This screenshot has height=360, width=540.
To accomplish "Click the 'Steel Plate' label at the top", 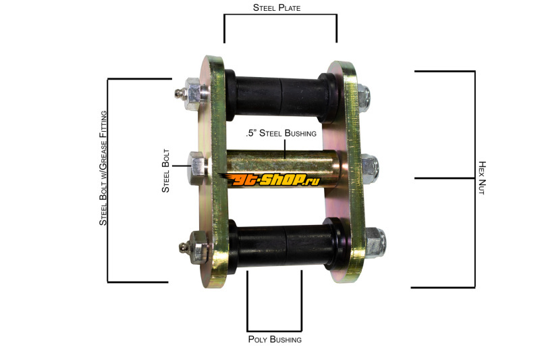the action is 277,7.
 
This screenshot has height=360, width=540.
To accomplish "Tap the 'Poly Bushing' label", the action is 275,339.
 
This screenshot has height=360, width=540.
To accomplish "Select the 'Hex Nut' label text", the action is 482,178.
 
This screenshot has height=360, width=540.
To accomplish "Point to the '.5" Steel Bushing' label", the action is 281,133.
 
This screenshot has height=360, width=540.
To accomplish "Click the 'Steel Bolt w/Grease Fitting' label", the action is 103,168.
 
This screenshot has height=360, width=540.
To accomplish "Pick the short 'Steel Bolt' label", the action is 165,171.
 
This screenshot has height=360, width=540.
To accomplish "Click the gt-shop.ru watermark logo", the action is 271,180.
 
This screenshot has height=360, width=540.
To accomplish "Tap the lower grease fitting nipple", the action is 184,247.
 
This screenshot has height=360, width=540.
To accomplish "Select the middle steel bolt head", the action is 197,168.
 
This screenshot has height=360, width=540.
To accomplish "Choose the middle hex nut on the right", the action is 369,169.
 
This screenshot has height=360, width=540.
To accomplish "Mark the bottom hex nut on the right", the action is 375,242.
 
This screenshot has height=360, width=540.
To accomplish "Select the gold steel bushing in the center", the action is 282,168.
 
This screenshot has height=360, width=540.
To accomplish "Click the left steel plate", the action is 214,171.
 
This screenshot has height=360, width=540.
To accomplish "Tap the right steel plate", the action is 344,171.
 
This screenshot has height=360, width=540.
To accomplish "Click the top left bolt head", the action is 195,94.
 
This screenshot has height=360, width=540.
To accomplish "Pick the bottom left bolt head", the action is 200,247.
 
